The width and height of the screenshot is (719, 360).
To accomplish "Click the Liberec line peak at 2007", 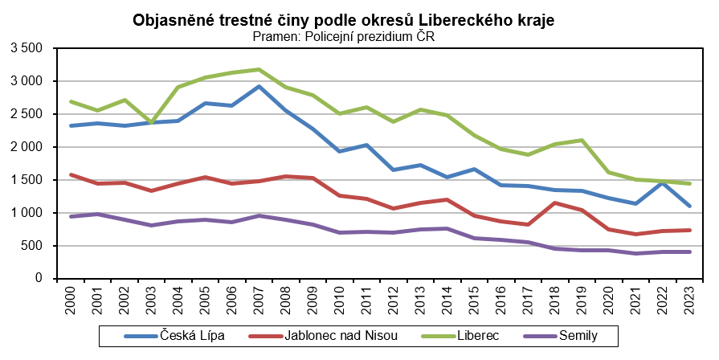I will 259,69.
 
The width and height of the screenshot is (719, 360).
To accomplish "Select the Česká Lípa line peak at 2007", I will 259,87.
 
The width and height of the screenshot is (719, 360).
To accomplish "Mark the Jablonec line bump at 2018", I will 555,202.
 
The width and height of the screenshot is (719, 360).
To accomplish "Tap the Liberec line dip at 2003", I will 151,123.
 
